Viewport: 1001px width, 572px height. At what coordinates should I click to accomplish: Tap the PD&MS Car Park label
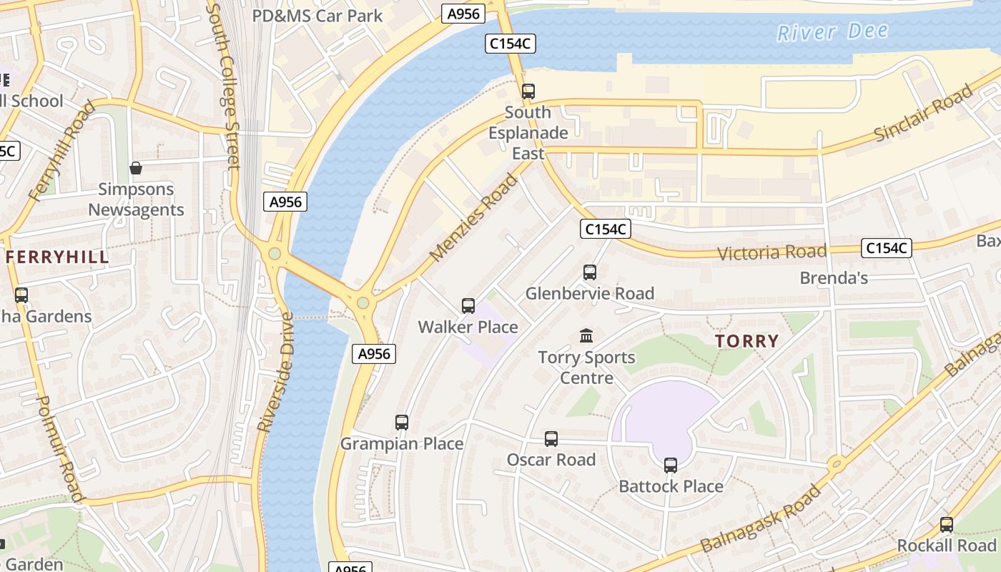[317, 16]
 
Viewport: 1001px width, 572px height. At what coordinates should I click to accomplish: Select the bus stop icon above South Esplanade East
[528, 92]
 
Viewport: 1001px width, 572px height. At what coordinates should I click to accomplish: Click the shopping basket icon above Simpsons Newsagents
[136, 169]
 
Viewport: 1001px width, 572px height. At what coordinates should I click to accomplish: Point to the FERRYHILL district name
[58, 257]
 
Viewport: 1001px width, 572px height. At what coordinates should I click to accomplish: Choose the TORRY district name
[746, 341]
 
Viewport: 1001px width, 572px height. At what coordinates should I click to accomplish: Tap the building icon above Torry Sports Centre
[586, 335]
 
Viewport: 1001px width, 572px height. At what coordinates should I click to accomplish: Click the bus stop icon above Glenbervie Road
[590, 272]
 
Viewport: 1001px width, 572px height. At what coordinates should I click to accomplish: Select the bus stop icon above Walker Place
[468, 306]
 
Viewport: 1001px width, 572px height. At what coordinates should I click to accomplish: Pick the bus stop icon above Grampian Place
[402, 423]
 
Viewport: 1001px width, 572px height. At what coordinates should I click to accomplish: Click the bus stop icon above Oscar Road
[551, 439]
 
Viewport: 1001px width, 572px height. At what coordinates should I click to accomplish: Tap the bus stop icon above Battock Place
[671, 465]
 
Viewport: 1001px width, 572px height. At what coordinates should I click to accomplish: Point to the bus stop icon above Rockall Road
[947, 525]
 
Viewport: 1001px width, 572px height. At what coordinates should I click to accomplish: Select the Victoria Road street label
[771, 252]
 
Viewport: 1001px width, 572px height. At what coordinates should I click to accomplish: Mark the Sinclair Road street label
[924, 114]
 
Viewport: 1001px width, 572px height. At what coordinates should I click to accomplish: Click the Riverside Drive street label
[275, 372]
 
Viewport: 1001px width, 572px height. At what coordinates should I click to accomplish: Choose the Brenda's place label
[834, 278]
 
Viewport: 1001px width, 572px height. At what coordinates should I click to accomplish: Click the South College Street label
[222, 86]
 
